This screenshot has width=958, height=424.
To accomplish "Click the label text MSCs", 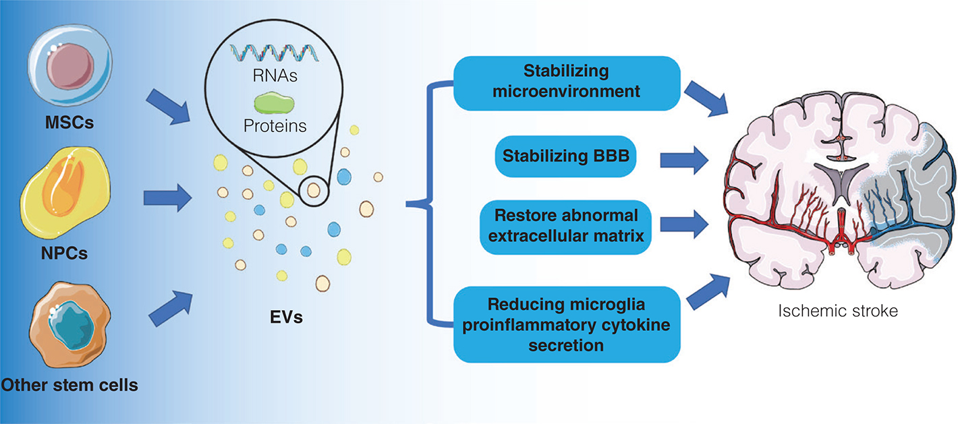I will coord(67,124).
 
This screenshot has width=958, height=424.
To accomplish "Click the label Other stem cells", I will coord(69,386).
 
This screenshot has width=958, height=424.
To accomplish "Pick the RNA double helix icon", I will coord(273,51).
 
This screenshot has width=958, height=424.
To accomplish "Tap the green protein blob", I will coord(273,102).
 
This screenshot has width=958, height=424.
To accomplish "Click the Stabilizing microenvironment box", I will coord(565,81).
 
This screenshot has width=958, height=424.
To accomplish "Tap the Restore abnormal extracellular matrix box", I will coord(565,226).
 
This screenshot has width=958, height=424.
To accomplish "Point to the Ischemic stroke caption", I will coord(838,312).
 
